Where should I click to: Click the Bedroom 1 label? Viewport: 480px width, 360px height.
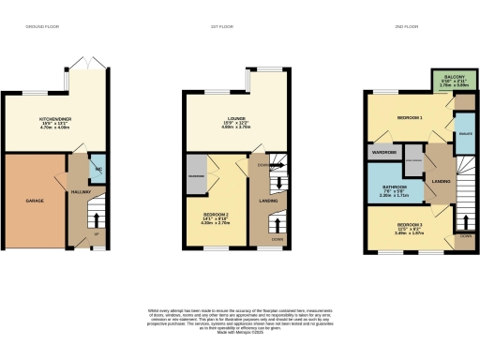coord(408,119)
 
